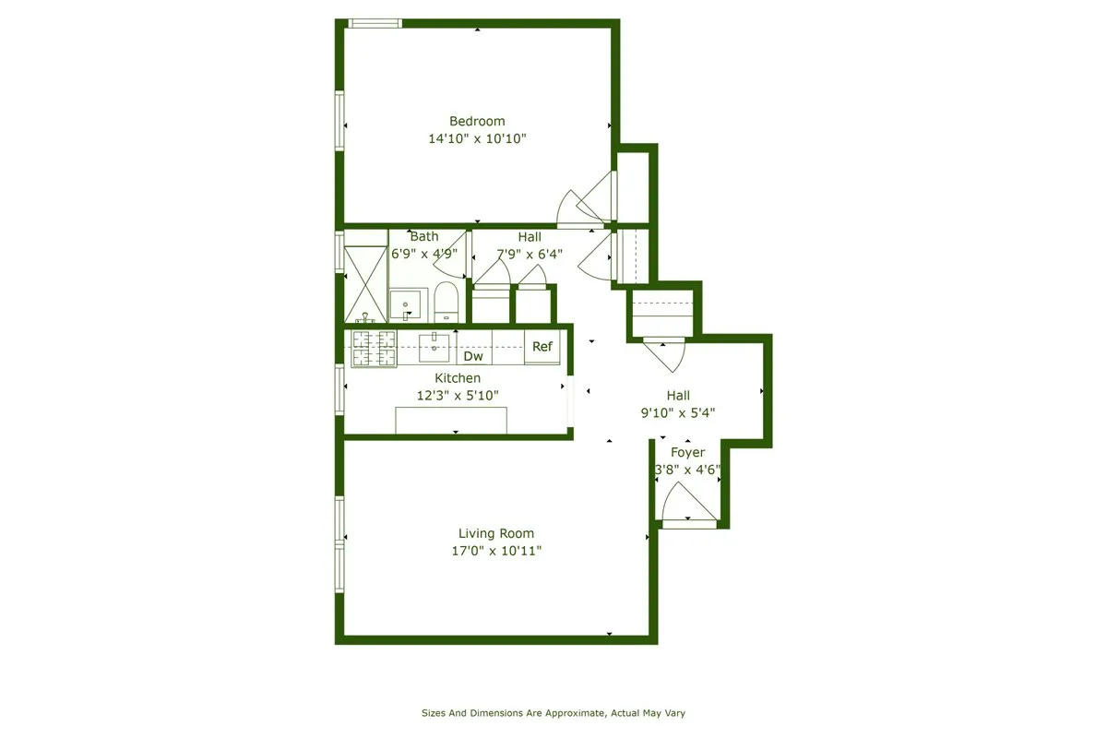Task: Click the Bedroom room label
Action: point(477,121)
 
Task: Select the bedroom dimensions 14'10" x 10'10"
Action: point(477,138)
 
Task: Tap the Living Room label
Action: point(496,533)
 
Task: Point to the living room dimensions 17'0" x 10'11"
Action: point(496,551)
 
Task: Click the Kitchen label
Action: point(458,378)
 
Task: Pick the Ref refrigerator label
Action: point(542,347)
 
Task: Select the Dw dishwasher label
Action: point(473,356)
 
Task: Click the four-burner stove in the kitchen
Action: point(374,348)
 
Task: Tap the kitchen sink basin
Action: point(434,349)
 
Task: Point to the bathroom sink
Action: point(405,304)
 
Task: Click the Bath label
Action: point(424,237)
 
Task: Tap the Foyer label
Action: point(687,453)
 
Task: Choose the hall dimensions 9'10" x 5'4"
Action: point(679,413)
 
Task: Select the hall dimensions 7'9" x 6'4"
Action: point(530,255)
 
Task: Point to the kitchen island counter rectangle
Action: point(451,420)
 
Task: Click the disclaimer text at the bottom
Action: point(553,713)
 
